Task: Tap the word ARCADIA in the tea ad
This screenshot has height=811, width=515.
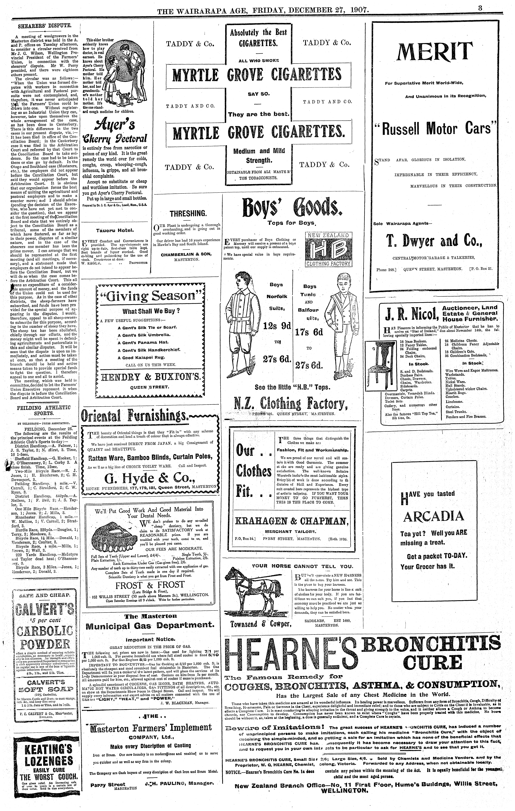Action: pyautogui.click(x=434, y=516)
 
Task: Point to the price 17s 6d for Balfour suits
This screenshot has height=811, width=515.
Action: pyautogui.click(x=309, y=332)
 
